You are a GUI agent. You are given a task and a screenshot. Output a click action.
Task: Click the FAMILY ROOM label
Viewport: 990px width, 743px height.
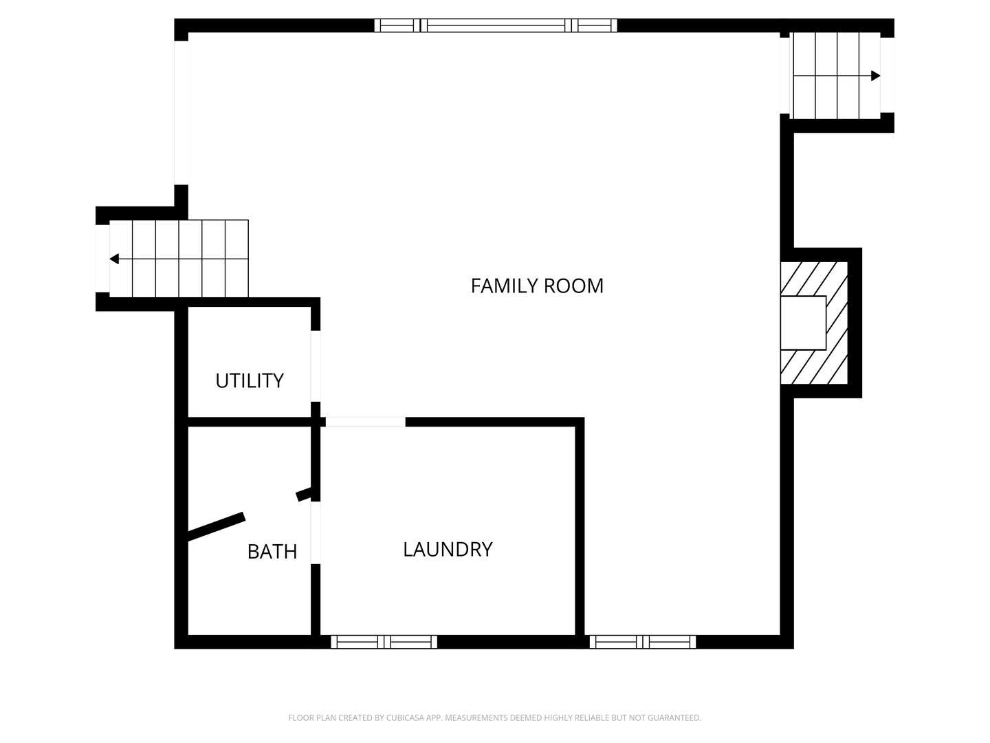[537, 286]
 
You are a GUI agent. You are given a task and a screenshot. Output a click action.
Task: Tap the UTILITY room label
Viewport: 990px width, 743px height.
[250, 380]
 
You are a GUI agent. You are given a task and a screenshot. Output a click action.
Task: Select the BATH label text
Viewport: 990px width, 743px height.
[272, 551]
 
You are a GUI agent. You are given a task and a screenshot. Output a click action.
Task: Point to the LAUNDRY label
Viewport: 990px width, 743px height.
[448, 549]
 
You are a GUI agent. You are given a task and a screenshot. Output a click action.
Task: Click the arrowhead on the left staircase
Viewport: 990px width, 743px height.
[114, 259]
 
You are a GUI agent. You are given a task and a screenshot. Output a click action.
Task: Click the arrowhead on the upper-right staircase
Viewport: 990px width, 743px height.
[875, 76]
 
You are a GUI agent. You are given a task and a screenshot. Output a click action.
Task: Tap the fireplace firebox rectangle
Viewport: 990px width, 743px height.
[803, 323]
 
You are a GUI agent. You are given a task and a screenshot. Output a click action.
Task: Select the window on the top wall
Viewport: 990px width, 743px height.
[496, 25]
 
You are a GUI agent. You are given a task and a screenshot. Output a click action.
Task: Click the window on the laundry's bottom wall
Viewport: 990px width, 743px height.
[384, 642]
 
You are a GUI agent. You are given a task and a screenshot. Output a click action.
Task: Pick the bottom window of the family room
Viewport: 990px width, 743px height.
[643, 642]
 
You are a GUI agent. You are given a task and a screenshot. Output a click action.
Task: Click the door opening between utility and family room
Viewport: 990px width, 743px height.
[316, 366]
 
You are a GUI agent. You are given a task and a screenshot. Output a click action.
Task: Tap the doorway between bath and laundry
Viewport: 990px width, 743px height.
[316, 533]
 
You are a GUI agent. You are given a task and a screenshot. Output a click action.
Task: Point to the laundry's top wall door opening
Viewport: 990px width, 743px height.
[365, 422]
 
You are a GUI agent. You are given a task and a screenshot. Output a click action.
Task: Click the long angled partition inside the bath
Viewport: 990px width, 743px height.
[217, 524]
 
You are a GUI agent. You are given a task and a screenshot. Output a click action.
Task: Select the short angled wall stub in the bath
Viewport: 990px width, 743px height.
[303, 494]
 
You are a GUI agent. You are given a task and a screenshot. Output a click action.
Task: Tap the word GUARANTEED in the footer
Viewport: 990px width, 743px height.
[676, 718]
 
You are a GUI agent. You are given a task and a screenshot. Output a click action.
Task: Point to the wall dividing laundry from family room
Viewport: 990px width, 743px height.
[580, 530]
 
